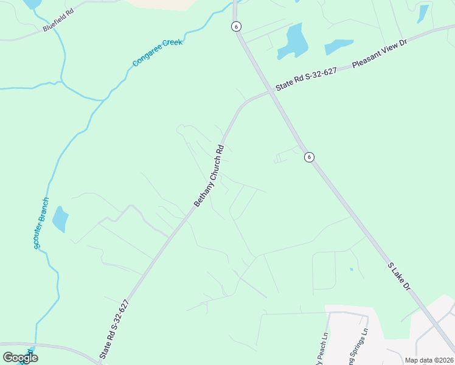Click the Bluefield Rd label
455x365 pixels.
click(x=58, y=23)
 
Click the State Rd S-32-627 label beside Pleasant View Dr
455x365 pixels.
click(x=306, y=80)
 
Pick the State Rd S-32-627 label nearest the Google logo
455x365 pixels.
click(x=114, y=329)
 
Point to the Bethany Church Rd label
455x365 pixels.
click(x=209, y=175)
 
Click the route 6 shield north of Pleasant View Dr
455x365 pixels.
click(x=236, y=26)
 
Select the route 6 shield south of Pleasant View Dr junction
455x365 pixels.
click(x=309, y=157)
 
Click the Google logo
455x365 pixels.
click(x=20, y=357)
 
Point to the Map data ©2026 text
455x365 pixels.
click(x=429, y=360)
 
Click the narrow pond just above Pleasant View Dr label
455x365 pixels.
click(x=339, y=46)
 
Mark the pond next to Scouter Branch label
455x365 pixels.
click(x=60, y=219)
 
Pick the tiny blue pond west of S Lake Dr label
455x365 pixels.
click(x=351, y=269)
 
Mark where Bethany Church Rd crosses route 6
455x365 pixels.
click(x=269, y=92)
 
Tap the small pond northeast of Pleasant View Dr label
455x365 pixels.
click(x=423, y=13)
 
